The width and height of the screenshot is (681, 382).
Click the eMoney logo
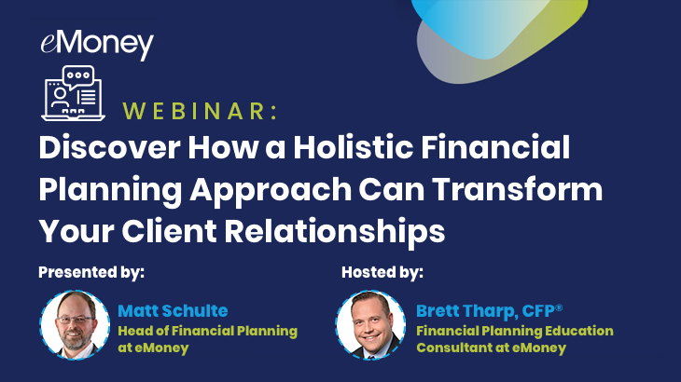click(97, 45)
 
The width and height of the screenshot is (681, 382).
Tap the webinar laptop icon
click(73, 93)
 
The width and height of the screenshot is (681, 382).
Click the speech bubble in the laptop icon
click(78, 75)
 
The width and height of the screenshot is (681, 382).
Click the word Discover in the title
click(109, 147)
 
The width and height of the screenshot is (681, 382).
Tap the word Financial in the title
click(495, 147)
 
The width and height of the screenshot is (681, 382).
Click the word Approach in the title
click(271, 191)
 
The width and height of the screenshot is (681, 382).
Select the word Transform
click(517, 189)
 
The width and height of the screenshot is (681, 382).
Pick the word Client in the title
click(169, 231)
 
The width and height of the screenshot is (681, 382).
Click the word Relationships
click(334, 232)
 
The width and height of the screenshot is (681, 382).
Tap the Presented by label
click(91, 272)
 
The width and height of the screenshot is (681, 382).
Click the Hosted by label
click(382, 272)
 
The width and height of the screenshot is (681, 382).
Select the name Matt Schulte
click(173, 311)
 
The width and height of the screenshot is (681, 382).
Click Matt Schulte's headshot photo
click(75, 325)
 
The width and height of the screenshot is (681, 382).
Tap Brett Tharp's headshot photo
click(371, 325)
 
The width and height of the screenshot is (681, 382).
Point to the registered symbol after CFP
click(559, 307)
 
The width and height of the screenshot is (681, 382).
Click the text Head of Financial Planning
click(208, 332)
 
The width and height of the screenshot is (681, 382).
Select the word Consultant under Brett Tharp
click(454, 348)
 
